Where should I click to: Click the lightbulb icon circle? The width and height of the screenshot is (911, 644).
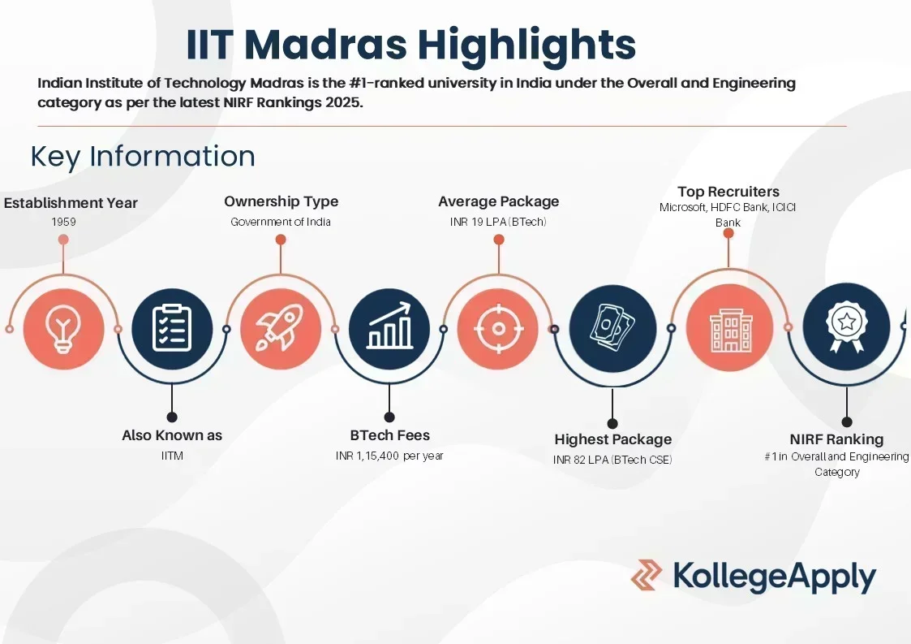(64, 329)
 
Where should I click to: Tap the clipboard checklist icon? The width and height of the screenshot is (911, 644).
(172, 329)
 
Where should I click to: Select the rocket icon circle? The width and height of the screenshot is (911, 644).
(281, 329)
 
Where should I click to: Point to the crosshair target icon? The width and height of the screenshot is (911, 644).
(498, 329)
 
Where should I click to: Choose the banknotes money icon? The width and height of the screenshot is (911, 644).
(612, 328)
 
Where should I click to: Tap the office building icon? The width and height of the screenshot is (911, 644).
(730, 330)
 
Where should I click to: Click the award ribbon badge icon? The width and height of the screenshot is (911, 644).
(847, 326)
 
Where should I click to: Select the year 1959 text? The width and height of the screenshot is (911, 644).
(63, 222)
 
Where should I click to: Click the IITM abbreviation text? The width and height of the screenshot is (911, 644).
(172, 456)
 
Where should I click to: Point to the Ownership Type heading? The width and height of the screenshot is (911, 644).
(281, 201)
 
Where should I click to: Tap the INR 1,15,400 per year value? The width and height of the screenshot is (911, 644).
(389, 456)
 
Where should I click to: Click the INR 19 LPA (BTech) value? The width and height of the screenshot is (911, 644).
(498, 222)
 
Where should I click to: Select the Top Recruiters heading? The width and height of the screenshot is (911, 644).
(728, 192)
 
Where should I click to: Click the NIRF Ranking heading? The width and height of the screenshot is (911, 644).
(836, 439)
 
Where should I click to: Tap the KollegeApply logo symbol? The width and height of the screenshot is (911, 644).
(647, 575)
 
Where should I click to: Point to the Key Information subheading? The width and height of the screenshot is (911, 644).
(143, 157)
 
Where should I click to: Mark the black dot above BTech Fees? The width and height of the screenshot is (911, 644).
(390, 417)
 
